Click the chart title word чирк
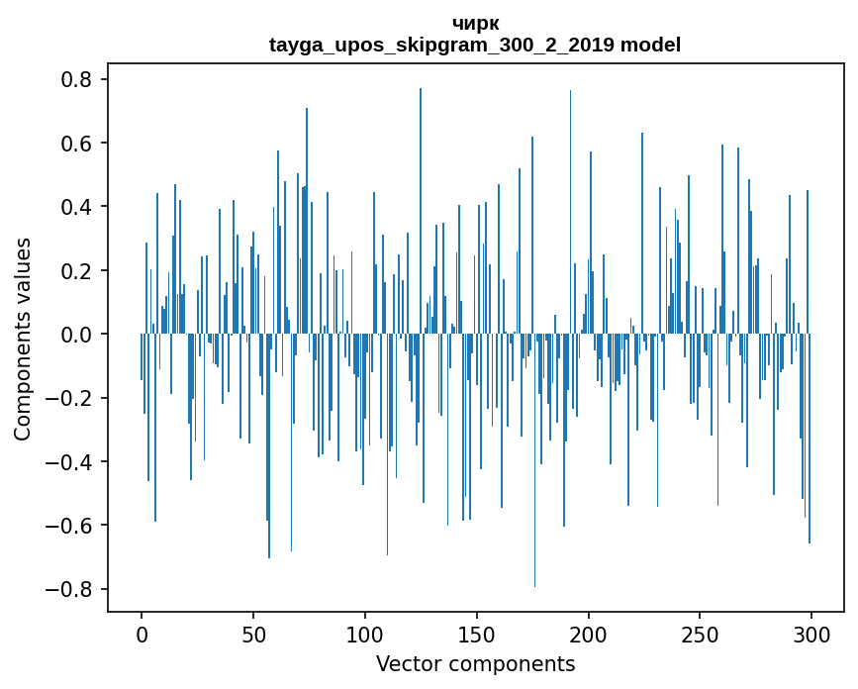475,24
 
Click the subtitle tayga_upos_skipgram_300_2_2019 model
475,45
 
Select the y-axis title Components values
23,339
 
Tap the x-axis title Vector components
475,663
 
